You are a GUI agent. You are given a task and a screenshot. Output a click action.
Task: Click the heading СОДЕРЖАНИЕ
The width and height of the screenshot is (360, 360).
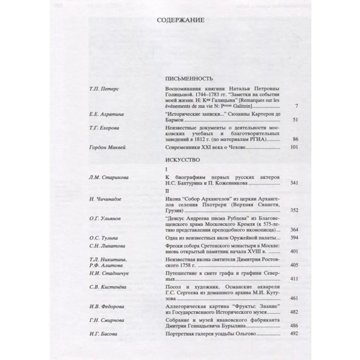click(x=180, y=20)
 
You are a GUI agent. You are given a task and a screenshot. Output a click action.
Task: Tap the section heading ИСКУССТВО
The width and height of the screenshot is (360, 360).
click(x=179, y=160)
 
